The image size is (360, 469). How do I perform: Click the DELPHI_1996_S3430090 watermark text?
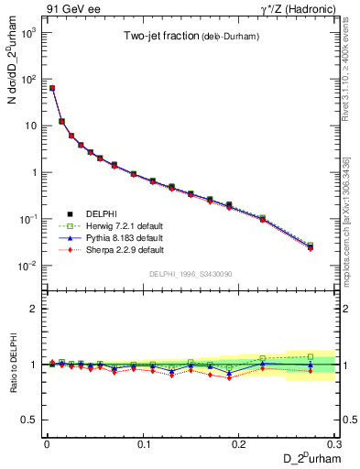191,275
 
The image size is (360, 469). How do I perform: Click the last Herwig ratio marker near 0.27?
311,356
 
